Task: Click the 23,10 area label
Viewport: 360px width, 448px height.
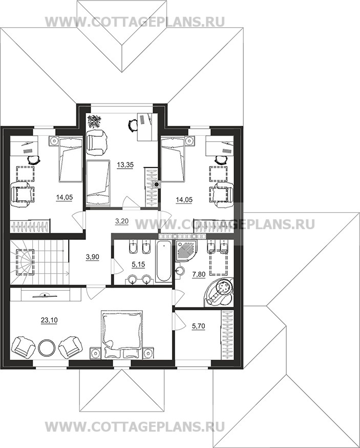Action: (x=49, y=320)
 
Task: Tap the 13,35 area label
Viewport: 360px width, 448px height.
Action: (x=125, y=165)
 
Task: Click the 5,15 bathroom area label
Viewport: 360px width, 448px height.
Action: (x=138, y=264)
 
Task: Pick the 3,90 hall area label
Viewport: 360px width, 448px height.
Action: (x=93, y=257)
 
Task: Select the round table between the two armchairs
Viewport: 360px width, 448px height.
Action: (x=46, y=347)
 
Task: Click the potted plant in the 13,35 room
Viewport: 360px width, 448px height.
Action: (x=93, y=121)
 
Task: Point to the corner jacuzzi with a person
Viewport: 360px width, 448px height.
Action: (x=219, y=293)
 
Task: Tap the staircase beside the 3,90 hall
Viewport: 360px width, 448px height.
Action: (x=39, y=262)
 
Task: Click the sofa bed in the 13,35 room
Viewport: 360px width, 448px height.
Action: (x=98, y=182)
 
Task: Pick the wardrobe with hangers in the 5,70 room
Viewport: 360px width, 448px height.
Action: (x=227, y=334)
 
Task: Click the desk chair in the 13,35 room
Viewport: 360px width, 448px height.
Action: (x=132, y=125)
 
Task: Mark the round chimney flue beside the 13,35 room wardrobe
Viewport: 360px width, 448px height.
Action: (x=157, y=185)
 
